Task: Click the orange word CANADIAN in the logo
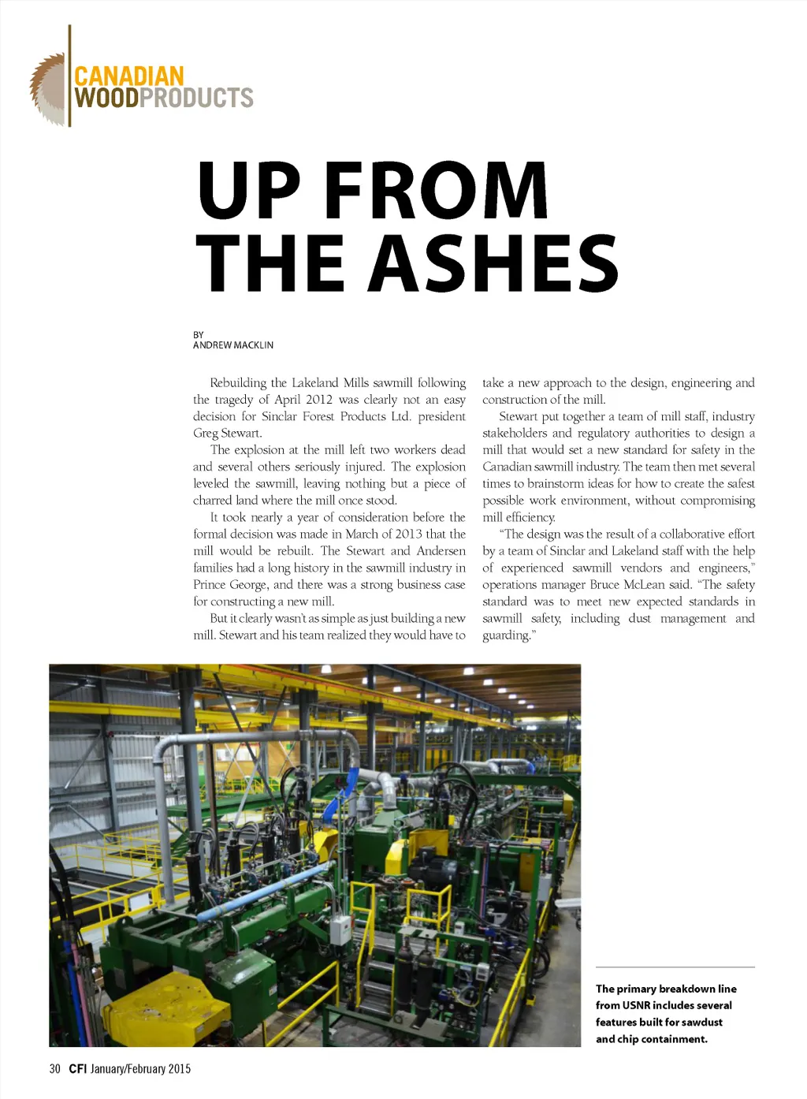[x=128, y=76]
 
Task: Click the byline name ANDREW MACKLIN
[x=233, y=345]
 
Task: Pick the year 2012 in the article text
[x=318, y=400]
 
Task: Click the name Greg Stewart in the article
[x=227, y=433]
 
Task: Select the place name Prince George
[x=230, y=584]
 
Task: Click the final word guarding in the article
[x=505, y=635]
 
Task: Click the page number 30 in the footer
[x=54, y=1069]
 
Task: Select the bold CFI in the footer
[x=77, y=1069]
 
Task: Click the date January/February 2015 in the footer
[x=140, y=1069]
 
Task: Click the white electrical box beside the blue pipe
[x=340, y=930]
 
